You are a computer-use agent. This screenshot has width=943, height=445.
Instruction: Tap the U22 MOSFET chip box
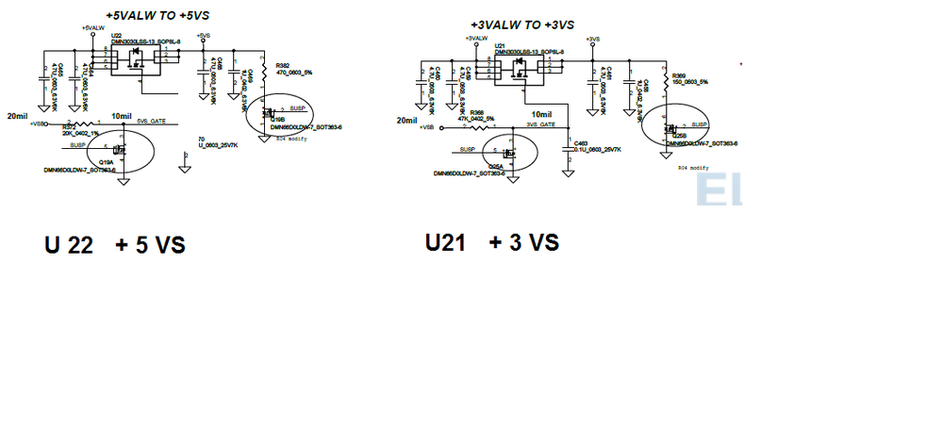(x=135, y=62)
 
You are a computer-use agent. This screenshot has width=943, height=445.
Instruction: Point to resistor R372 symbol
(x=82, y=124)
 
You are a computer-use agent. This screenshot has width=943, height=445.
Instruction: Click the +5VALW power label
(x=92, y=29)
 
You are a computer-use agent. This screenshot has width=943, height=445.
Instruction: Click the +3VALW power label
(x=475, y=38)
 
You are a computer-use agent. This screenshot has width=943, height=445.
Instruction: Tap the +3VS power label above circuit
(x=592, y=39)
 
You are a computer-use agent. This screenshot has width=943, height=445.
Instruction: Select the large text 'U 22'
(x=68, y=245)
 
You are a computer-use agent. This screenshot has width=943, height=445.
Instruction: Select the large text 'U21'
(x=447, y=242)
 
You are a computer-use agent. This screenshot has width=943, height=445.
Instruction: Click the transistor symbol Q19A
(x=119, y=151)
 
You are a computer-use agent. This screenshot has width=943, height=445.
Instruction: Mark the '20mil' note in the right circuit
(x=406, y=121)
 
